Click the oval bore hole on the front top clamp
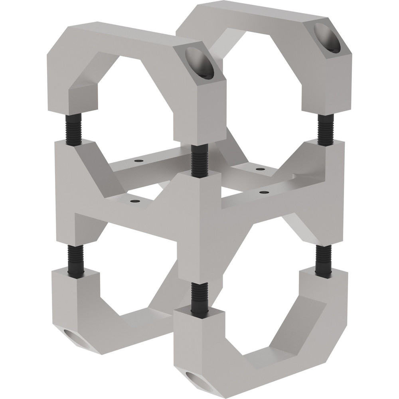coord(199,63)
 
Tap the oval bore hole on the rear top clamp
coord(327,38)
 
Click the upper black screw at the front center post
coord(199,160)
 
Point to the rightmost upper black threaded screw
coord(326,129)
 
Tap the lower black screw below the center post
coord(199,297)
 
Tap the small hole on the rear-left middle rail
coord(138,161)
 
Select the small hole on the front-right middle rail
coord(263,192)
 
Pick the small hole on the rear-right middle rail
coord(260,169)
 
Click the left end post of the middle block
coord(66,192)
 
